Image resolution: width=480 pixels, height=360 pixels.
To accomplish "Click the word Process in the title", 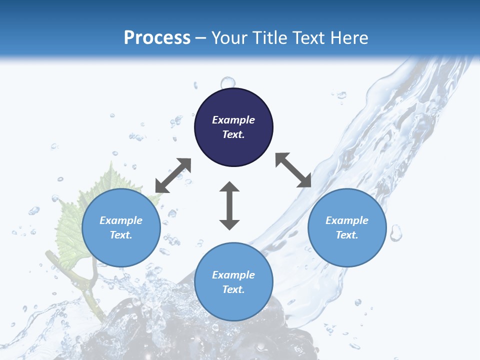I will [x=157, y=38].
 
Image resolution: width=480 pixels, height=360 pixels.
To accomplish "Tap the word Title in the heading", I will [x=272, y=38].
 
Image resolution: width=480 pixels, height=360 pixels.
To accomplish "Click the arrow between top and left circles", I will [x=173, y=175].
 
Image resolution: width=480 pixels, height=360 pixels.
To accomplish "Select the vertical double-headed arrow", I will [x=229, y=205].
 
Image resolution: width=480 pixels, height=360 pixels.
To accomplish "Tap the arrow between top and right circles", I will [x=293, y=170].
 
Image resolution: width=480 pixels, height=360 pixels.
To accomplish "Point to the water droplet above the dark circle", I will [x=228, y=82].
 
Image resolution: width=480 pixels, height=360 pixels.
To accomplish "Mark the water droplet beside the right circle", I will [x=396, y=232].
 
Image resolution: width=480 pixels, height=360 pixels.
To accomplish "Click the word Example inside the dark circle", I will [x=233, y=120].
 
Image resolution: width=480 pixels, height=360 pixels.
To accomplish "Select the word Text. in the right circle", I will [x=347, y=235].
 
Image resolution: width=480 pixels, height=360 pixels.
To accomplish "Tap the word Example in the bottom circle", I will [x=233, y=275].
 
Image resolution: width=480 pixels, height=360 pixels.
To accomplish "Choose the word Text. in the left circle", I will [x=121, y=235].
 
